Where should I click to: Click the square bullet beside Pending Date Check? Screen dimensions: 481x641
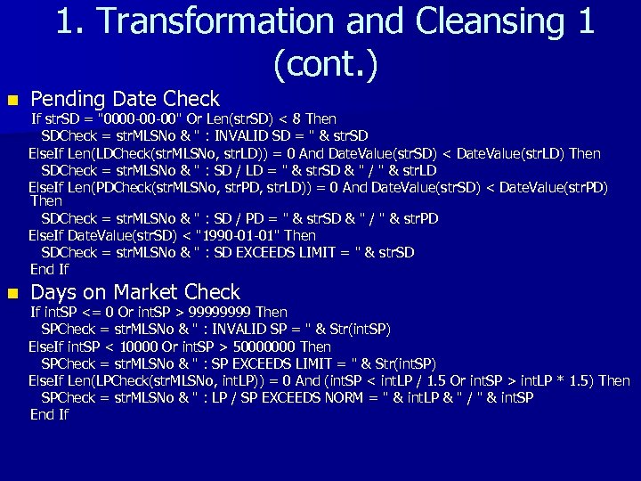(x=11, y=99)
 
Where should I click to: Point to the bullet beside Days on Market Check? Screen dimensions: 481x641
(x=11, y=292)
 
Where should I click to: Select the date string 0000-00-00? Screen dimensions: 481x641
(x=142, y=119)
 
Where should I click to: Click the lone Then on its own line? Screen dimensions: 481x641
(x=46, y=201)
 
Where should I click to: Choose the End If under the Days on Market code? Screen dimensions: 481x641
(x=49, y=414)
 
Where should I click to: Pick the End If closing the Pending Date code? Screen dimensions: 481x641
(x=49, y=269)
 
